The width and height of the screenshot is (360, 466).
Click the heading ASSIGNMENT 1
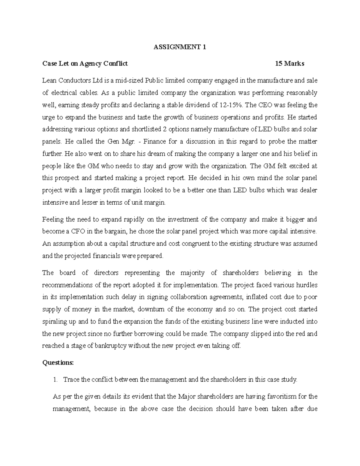tap(180, 47)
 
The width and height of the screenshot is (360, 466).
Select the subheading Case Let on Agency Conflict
tap(85, 63)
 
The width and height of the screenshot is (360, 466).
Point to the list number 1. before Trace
tap(55, 380)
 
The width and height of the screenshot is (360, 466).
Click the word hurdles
tap(307, 285)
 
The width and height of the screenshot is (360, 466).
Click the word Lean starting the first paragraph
tap(49, 80)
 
